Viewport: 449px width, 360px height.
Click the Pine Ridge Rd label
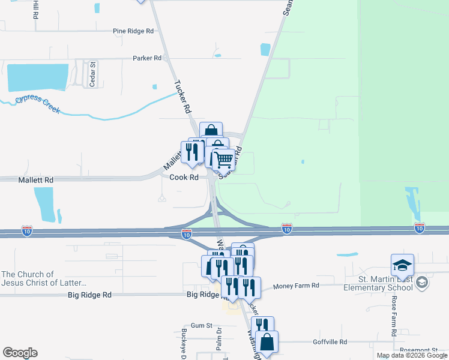[133, 31]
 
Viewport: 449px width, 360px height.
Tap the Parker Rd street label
[147, 58]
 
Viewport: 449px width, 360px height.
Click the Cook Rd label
[184, 178]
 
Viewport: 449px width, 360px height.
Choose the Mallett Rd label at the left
[36, 179]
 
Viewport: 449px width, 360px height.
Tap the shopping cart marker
[223, 160]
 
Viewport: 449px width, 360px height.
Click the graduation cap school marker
[402, 265]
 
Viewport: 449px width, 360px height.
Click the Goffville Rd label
[330, 342]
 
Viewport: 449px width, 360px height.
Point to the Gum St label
[201, 326]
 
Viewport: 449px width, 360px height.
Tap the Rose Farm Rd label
[394, 316]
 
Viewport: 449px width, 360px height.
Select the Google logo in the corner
[20, 353]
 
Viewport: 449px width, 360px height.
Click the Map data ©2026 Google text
[412, 355]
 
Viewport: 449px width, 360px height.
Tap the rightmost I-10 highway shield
[419, 228]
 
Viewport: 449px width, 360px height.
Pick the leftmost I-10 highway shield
[26, 230]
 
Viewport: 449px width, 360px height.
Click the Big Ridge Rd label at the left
[89, 295]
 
